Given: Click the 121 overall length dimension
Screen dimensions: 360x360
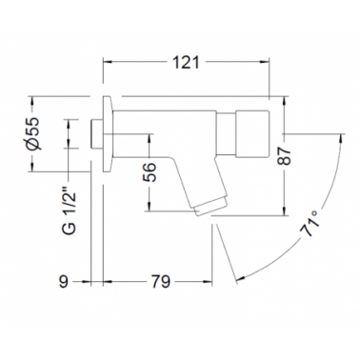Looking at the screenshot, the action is click(x=186, y=62).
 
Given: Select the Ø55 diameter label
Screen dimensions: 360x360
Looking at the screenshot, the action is click(x=33, y=133).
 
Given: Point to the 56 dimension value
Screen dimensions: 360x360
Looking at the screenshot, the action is click(x=149, y=172).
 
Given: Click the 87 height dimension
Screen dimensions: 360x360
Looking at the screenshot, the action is click(x=285, y=155).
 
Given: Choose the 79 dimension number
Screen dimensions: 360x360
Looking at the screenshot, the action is click(x=161, y=281).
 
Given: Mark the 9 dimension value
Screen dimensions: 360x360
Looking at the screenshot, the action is click(x=64, y=281).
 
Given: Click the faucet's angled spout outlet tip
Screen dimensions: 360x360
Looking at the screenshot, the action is click(x=210, y=208).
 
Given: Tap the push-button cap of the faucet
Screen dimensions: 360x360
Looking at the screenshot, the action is click(x=252, y=133).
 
